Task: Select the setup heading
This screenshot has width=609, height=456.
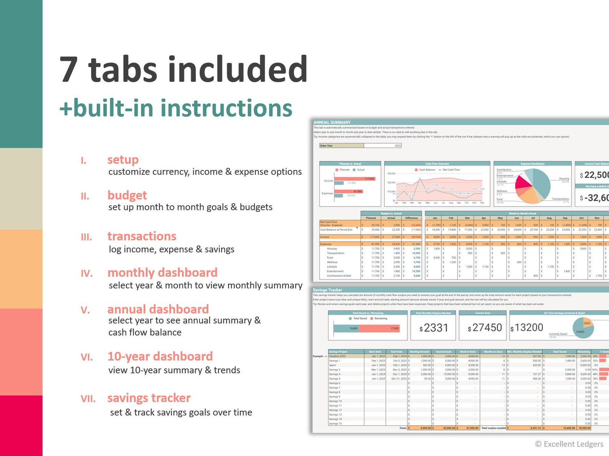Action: coord(123,159)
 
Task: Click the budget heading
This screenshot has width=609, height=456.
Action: coord(127,195)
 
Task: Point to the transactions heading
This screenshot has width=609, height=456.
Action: coord(142,236)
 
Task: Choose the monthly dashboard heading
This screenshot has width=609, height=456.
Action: coord(162,273)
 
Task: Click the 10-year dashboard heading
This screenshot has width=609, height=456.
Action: coord(160,356)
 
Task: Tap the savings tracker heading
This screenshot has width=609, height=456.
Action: coord(149,398)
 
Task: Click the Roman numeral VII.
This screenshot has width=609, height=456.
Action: coord(88,399)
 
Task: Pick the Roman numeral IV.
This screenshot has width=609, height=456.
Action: coord(87,273)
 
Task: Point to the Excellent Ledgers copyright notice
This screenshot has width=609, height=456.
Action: coord(569,444)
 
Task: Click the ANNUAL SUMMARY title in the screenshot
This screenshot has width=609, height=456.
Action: coord(332,122)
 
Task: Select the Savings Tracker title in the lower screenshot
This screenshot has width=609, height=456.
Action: coord(327,290)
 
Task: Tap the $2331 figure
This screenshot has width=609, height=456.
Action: coord(434,328)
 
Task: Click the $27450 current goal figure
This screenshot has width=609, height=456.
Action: coord(485,328)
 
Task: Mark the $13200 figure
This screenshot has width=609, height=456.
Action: coord(527,328)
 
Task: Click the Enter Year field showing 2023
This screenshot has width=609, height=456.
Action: coord(382,145)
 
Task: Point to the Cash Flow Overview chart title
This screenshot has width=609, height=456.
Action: coord(437,164)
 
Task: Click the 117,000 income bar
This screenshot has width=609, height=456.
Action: coord(354,179)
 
